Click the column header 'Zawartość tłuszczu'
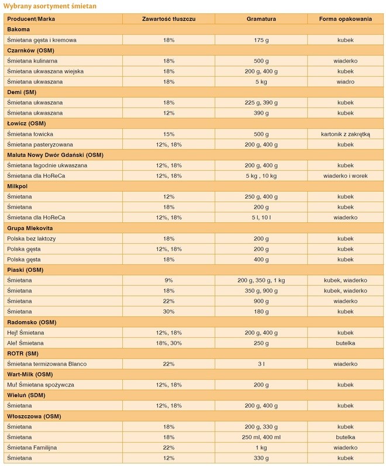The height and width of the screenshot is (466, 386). [x=169, y=19]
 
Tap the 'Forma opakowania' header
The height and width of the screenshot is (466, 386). [x=346, y=19]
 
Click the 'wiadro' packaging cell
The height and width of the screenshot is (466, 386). [x=346, y=82]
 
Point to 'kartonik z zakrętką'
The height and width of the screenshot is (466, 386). [x=346, y=134]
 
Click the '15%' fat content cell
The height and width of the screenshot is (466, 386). [x=169, y=134]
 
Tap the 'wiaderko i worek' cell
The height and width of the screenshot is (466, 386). [x=346, y=175]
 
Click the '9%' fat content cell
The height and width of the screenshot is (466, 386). [x=169, y=280]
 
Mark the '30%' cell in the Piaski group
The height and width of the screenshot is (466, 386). [x=169, y=312]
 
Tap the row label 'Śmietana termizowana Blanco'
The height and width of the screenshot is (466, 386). [x=46, y=364]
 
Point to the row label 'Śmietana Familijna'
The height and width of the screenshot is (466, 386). [x=33, y=447]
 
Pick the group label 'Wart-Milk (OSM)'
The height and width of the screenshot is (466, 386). [x=29, y=374]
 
